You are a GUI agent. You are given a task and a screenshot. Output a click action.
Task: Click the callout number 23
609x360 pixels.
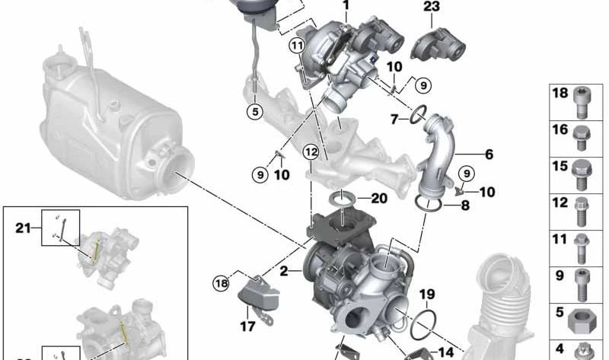pos(432,6)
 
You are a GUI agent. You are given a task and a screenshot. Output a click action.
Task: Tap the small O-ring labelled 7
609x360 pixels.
pos(418,115)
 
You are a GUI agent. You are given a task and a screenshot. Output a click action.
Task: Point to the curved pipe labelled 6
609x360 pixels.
pos(437,155)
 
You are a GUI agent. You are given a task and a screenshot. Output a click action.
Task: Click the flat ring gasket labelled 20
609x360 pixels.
pos(342,200)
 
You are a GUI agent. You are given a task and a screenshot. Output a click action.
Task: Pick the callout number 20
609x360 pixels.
pos(379,199)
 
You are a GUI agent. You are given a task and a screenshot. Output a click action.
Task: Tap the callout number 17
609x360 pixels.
pos(247,327)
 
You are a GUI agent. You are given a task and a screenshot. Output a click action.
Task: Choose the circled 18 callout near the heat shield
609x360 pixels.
pos(222,283)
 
